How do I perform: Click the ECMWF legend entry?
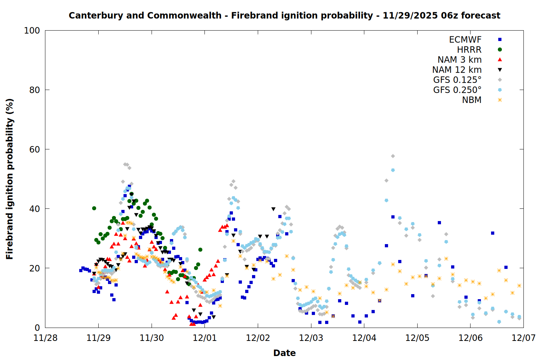click(465, 40)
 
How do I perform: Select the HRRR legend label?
click(469, 50)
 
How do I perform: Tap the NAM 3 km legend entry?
click(459, 60)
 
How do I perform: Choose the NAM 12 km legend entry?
click(457, 70)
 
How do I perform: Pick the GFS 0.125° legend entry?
click(457, 80)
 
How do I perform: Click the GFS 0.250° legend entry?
click(457, 90)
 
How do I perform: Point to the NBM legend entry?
click(472, 100)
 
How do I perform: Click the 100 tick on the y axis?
click(32, 31)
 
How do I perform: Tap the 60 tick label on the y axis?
click(35, 149)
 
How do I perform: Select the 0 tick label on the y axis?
click(37, 328)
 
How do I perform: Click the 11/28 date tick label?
click(45, 338)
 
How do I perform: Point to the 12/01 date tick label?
click(205, 338)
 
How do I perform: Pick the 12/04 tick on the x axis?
click(364, 338)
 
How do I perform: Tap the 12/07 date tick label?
click(523, 338)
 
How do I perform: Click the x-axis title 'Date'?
click(284, 353)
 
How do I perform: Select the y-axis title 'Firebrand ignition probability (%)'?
click(10, 179)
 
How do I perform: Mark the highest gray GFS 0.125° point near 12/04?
click(393, 156)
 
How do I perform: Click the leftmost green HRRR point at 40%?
click(94, 208)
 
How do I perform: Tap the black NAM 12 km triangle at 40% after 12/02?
click(273, 209)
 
